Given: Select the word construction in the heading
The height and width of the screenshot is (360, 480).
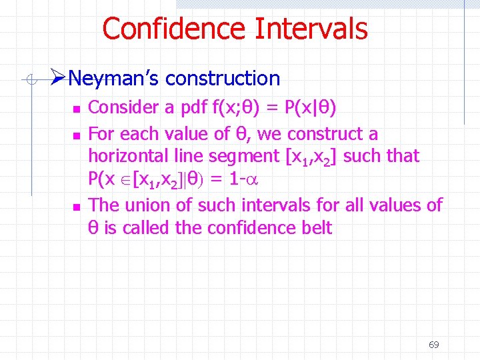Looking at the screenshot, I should [223, 79].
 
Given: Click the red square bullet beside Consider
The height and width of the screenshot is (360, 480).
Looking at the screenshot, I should [76, 108].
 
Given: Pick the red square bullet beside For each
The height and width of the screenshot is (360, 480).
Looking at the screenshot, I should [76, 135].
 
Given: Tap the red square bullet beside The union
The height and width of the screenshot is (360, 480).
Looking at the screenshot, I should [76, 207].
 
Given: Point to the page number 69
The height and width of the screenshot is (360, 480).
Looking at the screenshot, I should [433, 345].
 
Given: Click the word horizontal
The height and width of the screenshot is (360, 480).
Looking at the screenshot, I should [129, 157].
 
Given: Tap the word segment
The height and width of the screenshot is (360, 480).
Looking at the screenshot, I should [245, 157].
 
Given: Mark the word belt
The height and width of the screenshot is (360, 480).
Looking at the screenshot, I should [316, 228].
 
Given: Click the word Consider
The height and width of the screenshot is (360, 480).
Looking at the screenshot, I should [119, 107].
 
